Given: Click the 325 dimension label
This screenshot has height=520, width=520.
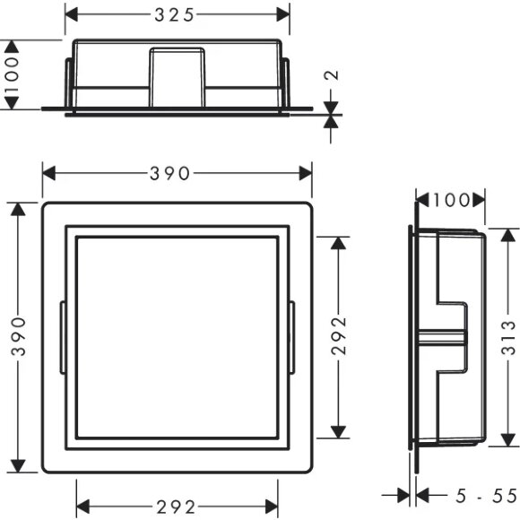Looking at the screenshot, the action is tap(174, 15).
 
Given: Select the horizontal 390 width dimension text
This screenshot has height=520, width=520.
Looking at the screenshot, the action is tap(169, 173).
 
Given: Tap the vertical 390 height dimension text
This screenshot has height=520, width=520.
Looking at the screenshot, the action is tap(18, 336).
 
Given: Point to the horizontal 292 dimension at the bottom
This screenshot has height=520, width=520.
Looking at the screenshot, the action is tap(176, 507).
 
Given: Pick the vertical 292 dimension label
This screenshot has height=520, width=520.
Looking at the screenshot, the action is tap(339, 336).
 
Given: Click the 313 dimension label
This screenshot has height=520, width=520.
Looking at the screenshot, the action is tap(508, 338).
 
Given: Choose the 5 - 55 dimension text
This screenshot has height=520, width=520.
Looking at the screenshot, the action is tap(486, 496).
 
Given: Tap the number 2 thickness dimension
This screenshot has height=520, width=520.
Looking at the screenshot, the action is tap(332, 75).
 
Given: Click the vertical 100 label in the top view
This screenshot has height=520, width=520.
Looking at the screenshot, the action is tap(13, 74).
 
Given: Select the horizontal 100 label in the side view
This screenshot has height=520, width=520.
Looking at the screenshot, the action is tap(451, 200).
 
